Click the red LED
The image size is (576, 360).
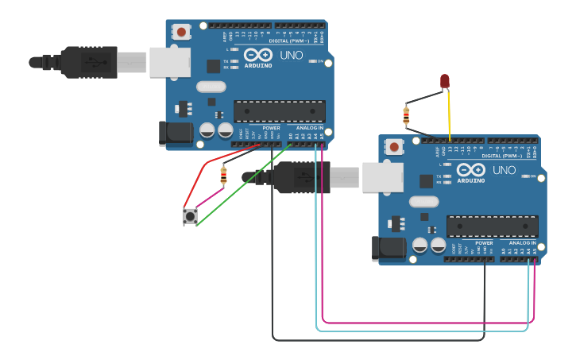coord(444,80)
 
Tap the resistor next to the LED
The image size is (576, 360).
coord(407,116)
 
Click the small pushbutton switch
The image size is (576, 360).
coord(190,215)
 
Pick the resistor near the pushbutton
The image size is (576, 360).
coord(223,174)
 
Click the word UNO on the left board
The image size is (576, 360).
coord(291,55)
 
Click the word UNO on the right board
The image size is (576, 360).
coord(504,170)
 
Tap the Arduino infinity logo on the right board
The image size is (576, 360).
coord(470,169)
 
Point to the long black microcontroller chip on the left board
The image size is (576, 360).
coord(279,111)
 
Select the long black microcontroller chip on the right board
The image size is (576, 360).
coord(492,226)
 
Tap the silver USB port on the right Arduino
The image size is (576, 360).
coord(383,177)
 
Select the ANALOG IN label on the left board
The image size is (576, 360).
coord(310,128)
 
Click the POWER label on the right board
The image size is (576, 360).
coord(484,243)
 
